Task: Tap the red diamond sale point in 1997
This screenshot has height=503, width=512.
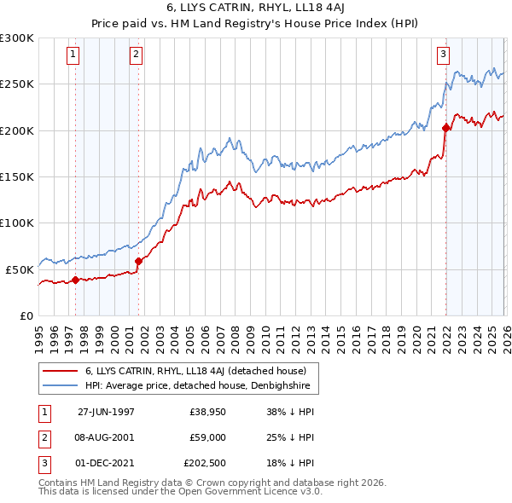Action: tap(75, 279)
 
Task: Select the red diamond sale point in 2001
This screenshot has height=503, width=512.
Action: tap(138, 261)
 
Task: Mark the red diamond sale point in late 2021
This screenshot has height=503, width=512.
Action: tap(445, 128)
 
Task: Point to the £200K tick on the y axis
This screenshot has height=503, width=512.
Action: tap(17, 130)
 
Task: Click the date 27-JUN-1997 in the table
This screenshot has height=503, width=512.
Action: tap(106, 411)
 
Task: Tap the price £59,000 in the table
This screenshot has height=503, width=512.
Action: tap(208, 437)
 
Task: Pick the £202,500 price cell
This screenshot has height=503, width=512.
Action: tap(206, 464)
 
